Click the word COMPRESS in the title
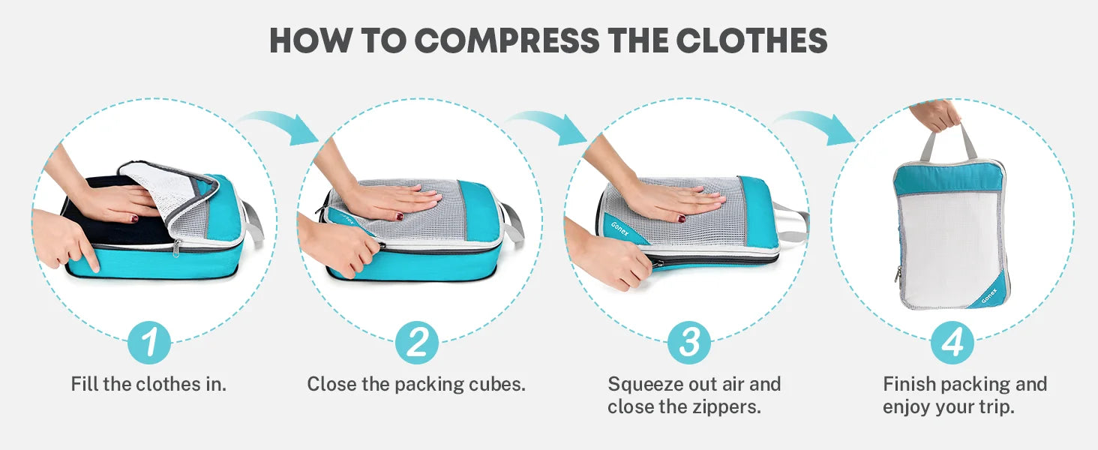(x=507, y=40)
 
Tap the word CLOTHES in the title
(x=752, y=40)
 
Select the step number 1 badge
(x=149, y=342)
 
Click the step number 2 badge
(x=417, y=342)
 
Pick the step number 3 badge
(x=688, y=342)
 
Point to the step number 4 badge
(x=952, y=342)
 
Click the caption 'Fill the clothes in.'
(x=148, y=384)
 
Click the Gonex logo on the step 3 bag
(x=619, y=229)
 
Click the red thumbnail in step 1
(x=133, y=219)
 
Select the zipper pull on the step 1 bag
(x=176, y=247)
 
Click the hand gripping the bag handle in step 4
(x=935, y=115)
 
